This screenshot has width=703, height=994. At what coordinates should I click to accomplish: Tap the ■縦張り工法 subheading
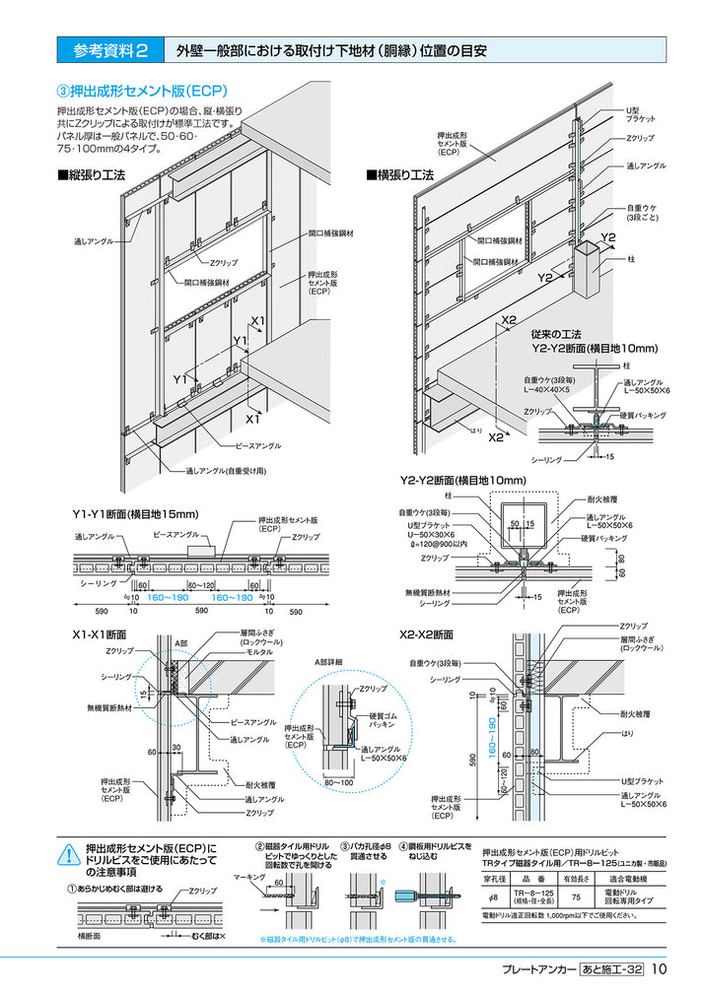click(x=92, y=174)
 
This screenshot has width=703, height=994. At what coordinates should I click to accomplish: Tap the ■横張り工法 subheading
click(x=399, y=174)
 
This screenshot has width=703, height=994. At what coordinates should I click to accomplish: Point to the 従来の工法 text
click(x=557, y=334)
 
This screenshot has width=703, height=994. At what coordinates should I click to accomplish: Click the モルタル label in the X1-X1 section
click(x=259, y=652)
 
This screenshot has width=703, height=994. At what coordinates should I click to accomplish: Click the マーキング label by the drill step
click(x=248, y=875)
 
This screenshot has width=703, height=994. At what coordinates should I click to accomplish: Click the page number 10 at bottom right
click(x=660, y=969)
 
